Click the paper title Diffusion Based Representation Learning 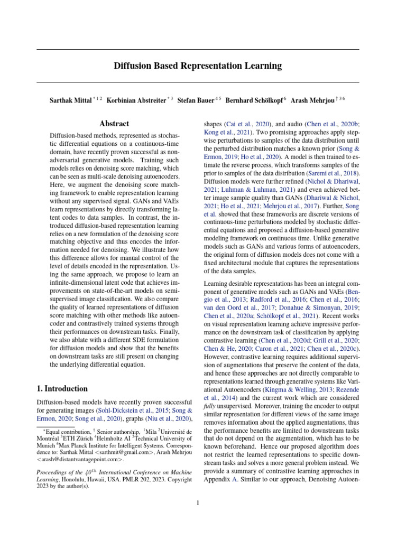point(198,66)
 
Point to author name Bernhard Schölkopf point(254,99)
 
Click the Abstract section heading point(114,124)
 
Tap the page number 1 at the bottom point(197,502)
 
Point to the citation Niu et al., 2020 point(168,419)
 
